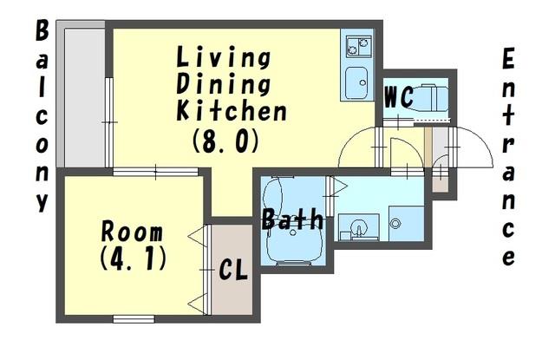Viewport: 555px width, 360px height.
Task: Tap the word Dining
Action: (x=224, y=84)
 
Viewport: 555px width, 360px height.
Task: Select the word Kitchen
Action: (x=232, y=110)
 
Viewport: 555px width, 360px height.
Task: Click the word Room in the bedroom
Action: (x=132, y=232)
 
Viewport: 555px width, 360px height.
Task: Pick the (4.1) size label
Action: (x=133, y=258)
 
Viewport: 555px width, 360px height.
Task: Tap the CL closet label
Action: (x=233, y=271)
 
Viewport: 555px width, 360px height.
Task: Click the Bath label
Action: (x=292, y=219)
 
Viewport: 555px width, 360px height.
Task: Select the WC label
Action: (x=399, y=96)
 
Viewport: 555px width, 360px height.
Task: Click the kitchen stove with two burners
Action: (x=359, y=46)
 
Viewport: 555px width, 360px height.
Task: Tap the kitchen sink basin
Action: (x=356, y=82)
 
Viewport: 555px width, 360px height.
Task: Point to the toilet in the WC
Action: (x=430, y=98)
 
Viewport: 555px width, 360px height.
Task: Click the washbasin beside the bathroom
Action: (x=358, y=227)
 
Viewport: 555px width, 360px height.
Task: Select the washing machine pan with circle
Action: (x=406, y=223)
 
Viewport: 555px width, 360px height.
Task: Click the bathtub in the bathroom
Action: (x=293, y=220)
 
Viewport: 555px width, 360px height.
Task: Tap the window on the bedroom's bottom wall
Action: (x=134, y=319)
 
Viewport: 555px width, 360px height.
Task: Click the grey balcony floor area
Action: (x=85, y=97)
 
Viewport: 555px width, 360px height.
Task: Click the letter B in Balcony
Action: (x=42, y=30)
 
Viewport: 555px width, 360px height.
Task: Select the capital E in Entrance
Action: (x=508, y=59)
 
